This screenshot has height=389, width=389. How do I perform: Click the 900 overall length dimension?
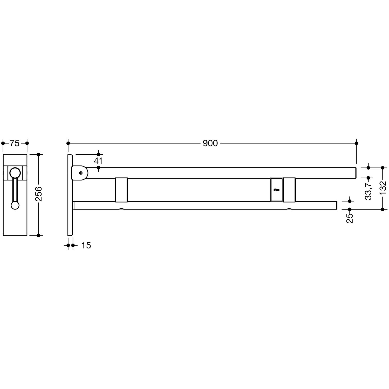click(x=210, y=143)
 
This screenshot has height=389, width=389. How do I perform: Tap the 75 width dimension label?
click(x=15, y=143)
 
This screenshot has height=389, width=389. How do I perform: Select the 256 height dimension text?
click(x=39, y=194)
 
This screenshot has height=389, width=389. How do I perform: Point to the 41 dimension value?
click(x=98, y=161)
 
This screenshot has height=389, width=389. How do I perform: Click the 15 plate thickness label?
click(x=86, y=245)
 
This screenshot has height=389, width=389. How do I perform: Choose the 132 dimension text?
click(x=383, y=187)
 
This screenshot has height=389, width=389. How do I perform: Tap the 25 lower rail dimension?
click(x=350, y=218)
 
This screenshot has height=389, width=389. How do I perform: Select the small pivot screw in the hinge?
click(x=81, y=173)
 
